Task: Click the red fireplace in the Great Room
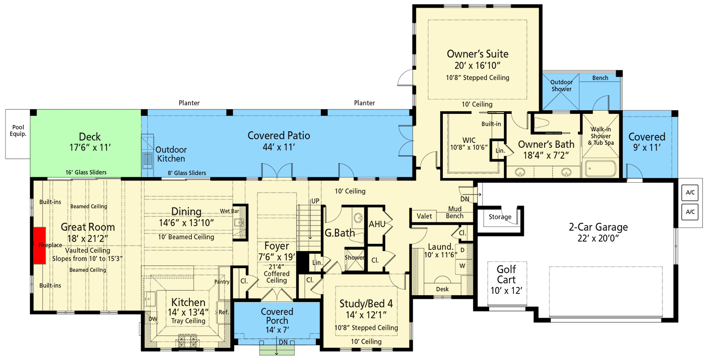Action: pyautogui.click(x=40, y=245)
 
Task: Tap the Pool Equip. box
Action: pyautogui.click(x=18, y=134)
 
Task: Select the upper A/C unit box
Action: pyautogui.click(x=690, y=193)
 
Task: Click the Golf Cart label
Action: pyautogui.click(x=506, y=274)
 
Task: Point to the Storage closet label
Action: pyautogui.click(x=500, y=217)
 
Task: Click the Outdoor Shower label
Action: pyautogui.click(x=561, y=85)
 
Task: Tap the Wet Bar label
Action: pyautogui.click(x=230, y=211)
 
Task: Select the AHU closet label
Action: pyautogui.click(x=377, y=224)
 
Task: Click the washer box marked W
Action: pyautogui.click(x=462, y=266)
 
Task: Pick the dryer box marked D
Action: pyautogui.click(x=462, y=250)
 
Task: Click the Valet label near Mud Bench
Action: pyautogui.click(x=424, y=216)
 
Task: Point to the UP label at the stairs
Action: pyautogui.click(x=315, y=201)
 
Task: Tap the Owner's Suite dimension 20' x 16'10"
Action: pyautogui.click(x=477, y=66)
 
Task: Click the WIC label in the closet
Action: pyautogui.click(x=468, y=140)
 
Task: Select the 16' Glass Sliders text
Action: pyautogui.click(x=86, y=172)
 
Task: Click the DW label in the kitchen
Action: pyautogui.click(x=153, y=319)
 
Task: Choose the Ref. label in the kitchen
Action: pyautogui.click(x=224, y=312)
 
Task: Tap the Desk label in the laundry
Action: pyautogui.click(x=442, y=289)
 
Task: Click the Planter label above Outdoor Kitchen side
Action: pyautogui.click(x=189, y=103)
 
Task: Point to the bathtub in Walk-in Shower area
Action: pyautogui.click(x=600, y=169)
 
